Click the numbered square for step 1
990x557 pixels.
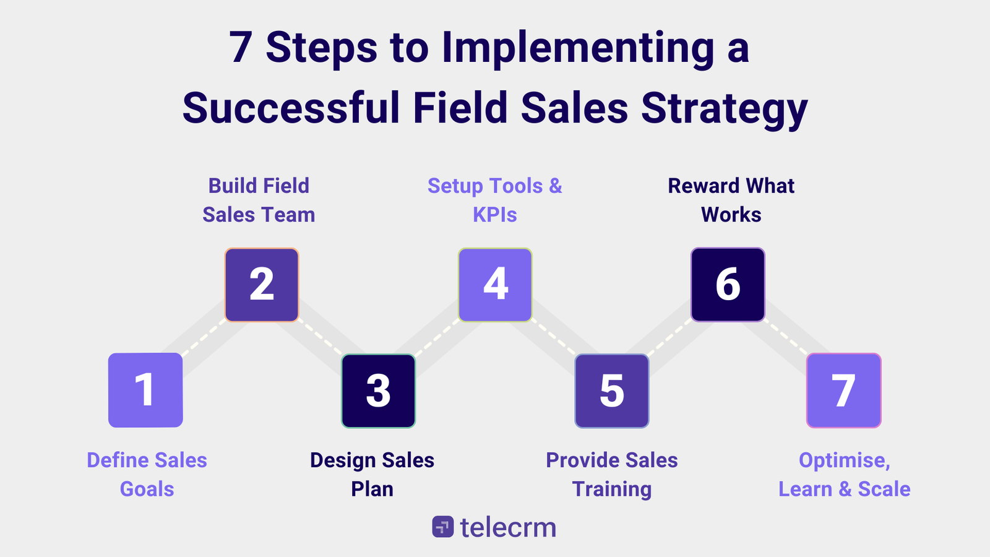pos(145,390)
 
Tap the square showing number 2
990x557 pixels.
pos(262,285)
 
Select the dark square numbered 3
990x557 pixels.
pos(379,391)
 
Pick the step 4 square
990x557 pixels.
pos(495,285)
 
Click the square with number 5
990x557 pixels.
pos(612,391)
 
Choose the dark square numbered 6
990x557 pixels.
pos(728,285)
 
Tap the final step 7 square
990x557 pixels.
pos(844,391)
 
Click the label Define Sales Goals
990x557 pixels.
pos(147,474)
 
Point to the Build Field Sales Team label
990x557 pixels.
pos(259,200)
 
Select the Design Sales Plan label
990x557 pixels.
pos(372,474)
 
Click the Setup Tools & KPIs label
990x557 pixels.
pos(495,200)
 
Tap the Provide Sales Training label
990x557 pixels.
pos(611,474)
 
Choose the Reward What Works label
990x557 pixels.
pos(731,200)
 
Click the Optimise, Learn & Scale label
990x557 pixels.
pos(844,474)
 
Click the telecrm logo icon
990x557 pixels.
pos(442,527)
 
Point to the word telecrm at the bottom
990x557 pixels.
pos(508,527)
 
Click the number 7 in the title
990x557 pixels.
pos(240,48)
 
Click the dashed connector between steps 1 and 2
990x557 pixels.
pos(203,339)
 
